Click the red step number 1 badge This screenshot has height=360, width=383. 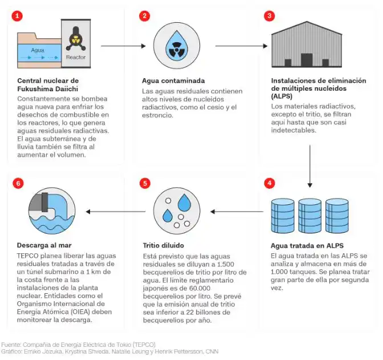pos(18,15)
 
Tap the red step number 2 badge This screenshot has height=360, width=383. pos(145,15)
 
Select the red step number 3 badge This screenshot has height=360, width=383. pos(269,15)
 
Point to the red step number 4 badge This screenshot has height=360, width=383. pos(269,184)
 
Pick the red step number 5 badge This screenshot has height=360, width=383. pos(145,184)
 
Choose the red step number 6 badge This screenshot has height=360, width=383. pos(18,184)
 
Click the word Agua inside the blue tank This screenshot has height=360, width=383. pos(38,50)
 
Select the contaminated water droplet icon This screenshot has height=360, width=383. pos(176,45)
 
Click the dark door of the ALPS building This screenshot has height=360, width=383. pos(307,59)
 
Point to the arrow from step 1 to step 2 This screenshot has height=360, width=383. pos(119,45)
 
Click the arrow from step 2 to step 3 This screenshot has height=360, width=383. pos(245,45)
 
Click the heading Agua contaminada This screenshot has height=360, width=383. pos(173,81)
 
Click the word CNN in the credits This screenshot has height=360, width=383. pos(211,351)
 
